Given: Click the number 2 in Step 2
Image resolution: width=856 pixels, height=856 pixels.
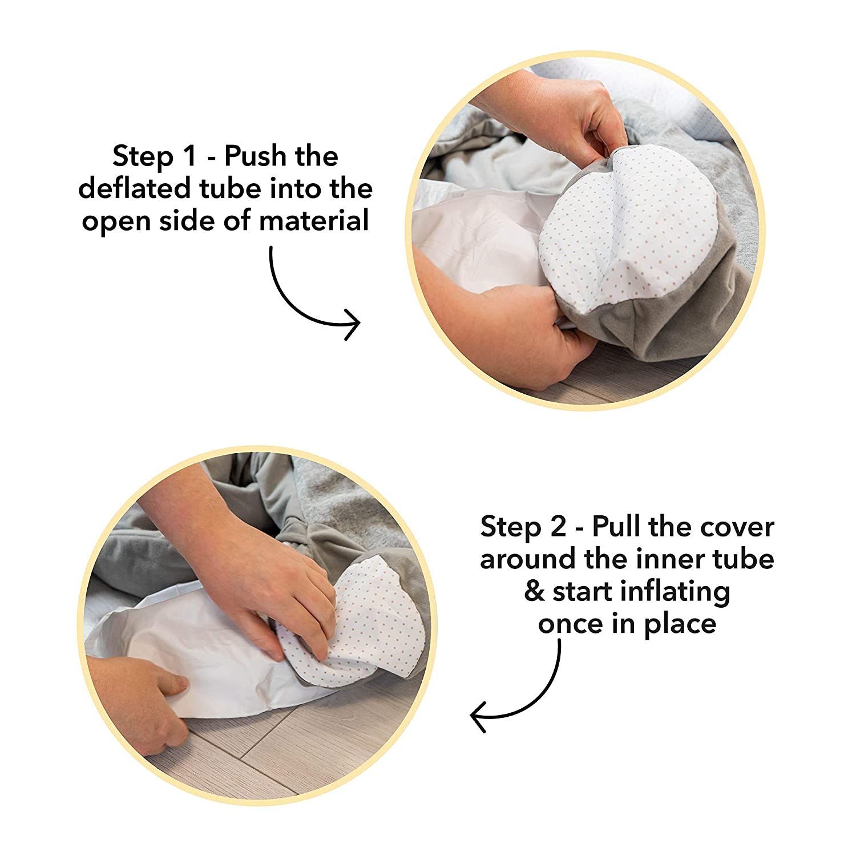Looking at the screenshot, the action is [x=558, y=527].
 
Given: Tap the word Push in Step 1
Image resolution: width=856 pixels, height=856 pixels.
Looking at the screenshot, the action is [x=252, y=156].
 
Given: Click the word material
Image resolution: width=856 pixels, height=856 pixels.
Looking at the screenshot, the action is [x=314, y=221].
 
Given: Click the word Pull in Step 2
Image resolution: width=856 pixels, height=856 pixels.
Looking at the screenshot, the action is [x=617, y=526].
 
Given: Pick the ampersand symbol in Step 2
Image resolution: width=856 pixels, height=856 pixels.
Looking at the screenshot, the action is [x=534, y=592].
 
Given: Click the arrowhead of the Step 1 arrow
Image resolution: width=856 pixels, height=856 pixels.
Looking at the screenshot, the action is [x=353, y=324].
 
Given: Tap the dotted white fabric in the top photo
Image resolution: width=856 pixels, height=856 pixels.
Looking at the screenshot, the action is [x=628, y=228].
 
